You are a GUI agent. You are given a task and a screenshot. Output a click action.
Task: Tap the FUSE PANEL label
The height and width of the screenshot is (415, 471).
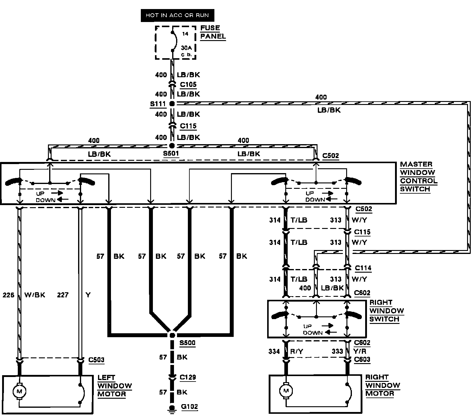[213, 32]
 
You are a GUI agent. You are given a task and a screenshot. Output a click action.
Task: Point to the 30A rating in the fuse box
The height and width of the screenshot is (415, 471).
[186, 48]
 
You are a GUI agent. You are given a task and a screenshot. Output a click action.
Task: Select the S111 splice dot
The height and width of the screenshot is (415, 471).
[172, 104]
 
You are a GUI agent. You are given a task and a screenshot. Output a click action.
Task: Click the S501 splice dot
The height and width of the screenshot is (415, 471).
[172, 145]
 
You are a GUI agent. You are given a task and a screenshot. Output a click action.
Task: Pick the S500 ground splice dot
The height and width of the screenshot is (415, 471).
[172, 335]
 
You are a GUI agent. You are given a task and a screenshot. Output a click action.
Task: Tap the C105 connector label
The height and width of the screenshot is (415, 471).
[188, 84]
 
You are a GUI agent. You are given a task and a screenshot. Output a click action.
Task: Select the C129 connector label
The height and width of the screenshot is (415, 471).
[188, 377]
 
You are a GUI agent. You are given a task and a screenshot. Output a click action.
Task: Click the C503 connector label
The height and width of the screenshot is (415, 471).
[96, 360]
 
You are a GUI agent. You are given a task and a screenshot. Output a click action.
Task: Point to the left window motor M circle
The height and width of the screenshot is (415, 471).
[19, 391]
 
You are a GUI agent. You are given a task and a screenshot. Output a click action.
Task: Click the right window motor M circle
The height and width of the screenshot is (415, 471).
[286, 391]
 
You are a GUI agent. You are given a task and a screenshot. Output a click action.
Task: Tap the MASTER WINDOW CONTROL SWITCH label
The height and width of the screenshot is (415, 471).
[418, 177]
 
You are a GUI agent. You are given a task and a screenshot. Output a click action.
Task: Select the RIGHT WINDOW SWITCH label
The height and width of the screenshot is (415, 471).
[386, 311]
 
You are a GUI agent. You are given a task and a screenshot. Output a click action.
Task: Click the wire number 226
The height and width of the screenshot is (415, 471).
[8, 295]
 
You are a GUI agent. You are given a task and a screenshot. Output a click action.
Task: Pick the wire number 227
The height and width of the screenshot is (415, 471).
[63, 295]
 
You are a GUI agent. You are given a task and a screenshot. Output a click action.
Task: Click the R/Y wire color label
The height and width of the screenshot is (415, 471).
[297, 351]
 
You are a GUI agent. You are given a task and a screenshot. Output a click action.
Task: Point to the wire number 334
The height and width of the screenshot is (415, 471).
[274, 351]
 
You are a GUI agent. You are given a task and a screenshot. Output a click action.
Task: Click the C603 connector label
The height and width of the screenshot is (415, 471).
[362, 359]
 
